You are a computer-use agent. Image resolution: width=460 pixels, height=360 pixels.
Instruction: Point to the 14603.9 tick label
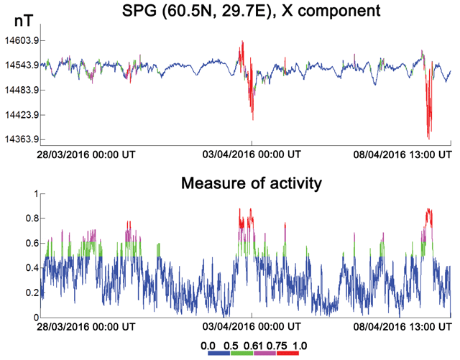21,41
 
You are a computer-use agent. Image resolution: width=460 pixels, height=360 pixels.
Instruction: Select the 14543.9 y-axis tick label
21,65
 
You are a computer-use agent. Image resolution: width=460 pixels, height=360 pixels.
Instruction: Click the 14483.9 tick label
21,90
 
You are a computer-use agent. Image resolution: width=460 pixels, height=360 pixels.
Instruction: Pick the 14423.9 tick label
21,114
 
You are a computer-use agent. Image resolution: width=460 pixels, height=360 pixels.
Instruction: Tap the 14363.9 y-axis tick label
21,139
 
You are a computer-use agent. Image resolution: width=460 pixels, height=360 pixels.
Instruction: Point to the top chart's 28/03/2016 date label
87,154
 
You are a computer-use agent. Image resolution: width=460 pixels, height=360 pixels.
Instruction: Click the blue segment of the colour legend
215,351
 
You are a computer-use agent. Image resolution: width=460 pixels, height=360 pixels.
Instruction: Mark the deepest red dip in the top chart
428,137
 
